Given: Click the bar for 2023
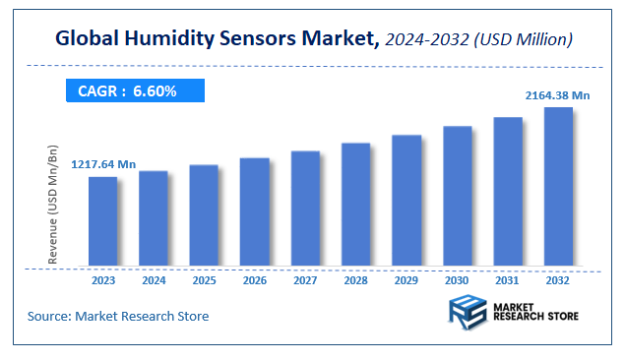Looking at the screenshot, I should point(103,221).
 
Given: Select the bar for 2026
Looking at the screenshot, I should point(255,211).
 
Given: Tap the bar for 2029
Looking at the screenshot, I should point(406,201).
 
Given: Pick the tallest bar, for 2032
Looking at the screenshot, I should point(558,187).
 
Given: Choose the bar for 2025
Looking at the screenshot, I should point(204,215).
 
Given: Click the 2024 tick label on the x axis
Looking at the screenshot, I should point(154,280).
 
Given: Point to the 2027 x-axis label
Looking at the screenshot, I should point(305,280).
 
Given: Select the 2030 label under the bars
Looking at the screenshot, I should point(457,280).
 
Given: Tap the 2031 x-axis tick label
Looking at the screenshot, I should point(508,280).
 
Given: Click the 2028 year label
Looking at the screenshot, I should point(355,280).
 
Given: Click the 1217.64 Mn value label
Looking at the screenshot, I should point(102,164).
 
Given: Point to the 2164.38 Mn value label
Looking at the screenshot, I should point(557,94).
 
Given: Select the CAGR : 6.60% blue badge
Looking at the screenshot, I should point(134,91).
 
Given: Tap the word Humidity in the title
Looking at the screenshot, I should point(161,39).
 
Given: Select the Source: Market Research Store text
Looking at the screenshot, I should point(118,316).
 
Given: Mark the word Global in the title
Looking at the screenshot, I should point(88,39).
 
